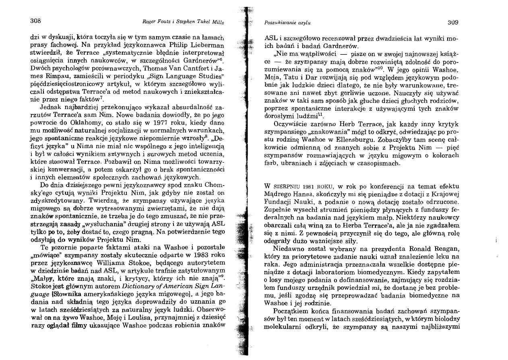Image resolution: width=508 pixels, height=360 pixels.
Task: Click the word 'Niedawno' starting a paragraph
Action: (x=288, y=248)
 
